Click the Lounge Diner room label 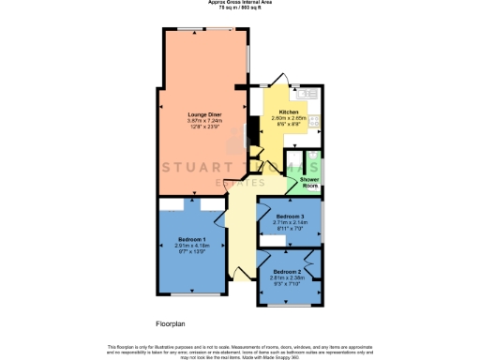[202, 113]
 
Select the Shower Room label [309, 181]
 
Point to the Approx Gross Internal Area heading [240, 4]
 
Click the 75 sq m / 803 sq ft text [240, 9]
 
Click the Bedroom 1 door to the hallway [222, 217]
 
